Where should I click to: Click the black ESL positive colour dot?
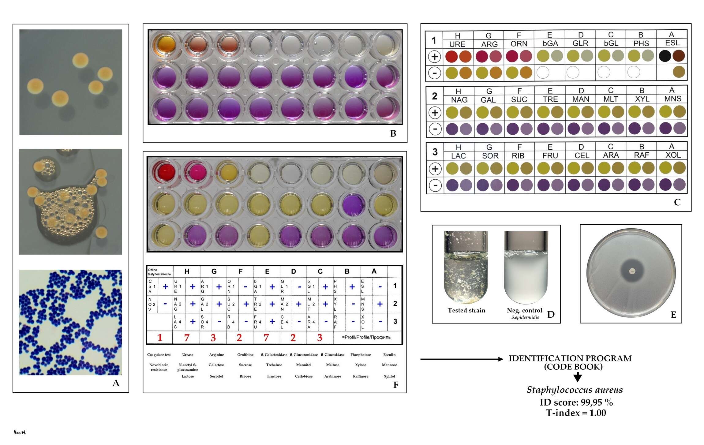click(x=665, y=56)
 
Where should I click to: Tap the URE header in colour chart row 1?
click(x=457, y=44)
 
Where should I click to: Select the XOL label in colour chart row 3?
click(x=673, y=155)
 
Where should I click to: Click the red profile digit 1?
click(x=160, y=338)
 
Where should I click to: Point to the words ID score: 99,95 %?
click(x=576, y=402)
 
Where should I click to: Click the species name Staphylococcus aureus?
click(x=575, y=390)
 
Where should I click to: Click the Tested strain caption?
click(x=466, y=310)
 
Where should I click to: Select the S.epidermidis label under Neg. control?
click(x=525, y=317)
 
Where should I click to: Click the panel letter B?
click(x=393, y=133)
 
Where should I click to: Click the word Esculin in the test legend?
click(x=389, y=355)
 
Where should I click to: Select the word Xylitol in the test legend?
click(x=389, y=376)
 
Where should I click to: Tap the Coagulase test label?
click(x=159, y=355)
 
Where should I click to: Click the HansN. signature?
click(x=20, y=432)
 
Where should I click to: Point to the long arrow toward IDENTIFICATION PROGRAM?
click(x=462, y=359)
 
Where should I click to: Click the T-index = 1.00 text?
click(x=576, y=413)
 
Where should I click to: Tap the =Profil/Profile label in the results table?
click(x=366, y=337)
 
